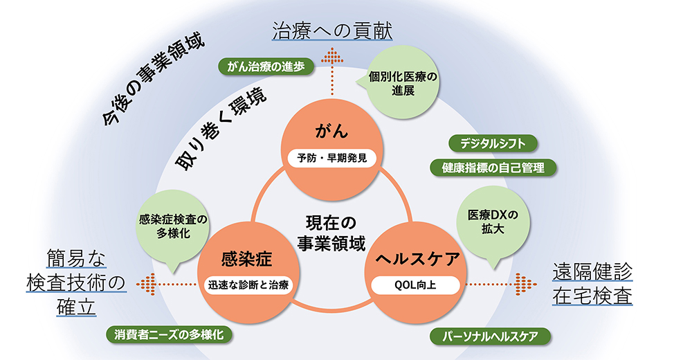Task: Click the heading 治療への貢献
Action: click(x=332, y=31)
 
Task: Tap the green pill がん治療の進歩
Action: click(x=266, y=66)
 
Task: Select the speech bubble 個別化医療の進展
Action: click(x=403, y=83)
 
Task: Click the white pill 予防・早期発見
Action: click(x=332, y=158)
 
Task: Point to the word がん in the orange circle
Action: click(x=332, y=131)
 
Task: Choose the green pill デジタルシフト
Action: click(x=493, y=143)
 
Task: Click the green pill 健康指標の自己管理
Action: click(x=493, y=168)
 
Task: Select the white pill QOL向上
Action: click(x=415, y=285)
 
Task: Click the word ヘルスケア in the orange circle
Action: click(x=417, y=258)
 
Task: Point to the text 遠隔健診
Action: click(x=592, y=271)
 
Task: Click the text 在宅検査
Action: click(x=592, y=296)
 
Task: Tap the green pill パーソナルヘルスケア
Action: click(x=491, y=336)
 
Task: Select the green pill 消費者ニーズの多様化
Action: click(x=169, y=334)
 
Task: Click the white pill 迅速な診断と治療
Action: click(x=248, y=285)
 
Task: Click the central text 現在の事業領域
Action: click(x=331, y=233)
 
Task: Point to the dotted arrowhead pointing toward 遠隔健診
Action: click(x=526, y=285)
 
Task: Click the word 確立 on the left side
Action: click(x=76, y=307)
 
